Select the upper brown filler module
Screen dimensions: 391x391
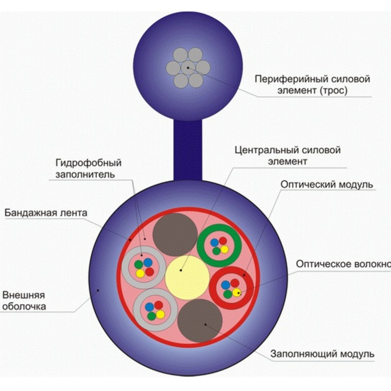[175, 235]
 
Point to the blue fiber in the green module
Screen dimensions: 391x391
[214, 242]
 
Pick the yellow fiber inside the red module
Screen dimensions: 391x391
[236, 292]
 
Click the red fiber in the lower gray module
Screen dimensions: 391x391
[158, 305]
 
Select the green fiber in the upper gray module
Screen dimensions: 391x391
[138, 265]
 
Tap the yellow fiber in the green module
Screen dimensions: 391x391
[224, 249]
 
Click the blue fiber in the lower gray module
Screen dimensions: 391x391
[149, 307]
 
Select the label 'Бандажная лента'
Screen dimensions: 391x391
[46, 213]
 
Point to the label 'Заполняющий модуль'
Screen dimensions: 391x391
[323, 355]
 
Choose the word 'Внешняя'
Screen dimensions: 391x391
[24, 294]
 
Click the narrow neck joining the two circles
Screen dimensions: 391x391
[188, 151]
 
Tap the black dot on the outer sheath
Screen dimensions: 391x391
[98, 290]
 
